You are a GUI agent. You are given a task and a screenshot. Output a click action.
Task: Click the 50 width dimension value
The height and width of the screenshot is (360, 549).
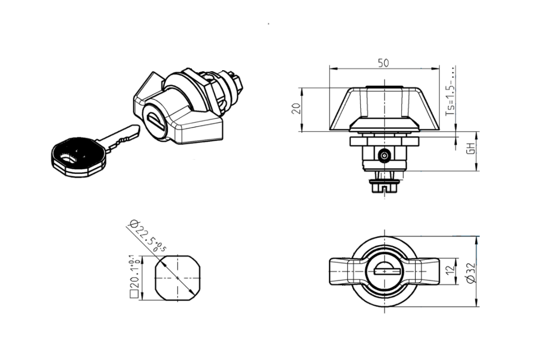tap(384, 63)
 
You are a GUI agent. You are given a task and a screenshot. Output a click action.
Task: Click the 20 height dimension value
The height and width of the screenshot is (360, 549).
tap(297, 108)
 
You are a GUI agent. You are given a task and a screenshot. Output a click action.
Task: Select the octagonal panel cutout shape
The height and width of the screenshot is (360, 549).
tap(176, 278)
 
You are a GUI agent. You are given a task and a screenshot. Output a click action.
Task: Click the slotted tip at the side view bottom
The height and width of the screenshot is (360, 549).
tap(384, 189)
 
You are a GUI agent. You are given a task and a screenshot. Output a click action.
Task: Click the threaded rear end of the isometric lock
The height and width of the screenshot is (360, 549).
tap(235, 81)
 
